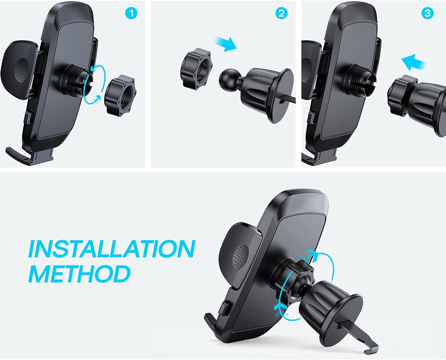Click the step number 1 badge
pyautogui.click(x=131, y=14)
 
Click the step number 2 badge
pyautogui.click(x=281, y=14)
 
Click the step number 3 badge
pyautogui.click(x=427, y=14)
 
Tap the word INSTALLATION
pyautogui.click(x=111, y=249)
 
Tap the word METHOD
pyautogui.click(x=79, y=274)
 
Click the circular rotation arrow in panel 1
pyautogui.click(x=94, y=84)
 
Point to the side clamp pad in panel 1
pyautogui.click(x=20, y=70)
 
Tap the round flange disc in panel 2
pyautogui.click(x=281, y=96)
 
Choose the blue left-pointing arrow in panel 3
pyautogui.click(x=413, y=62)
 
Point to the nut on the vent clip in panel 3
pyautogui.click(x=400, y=94)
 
